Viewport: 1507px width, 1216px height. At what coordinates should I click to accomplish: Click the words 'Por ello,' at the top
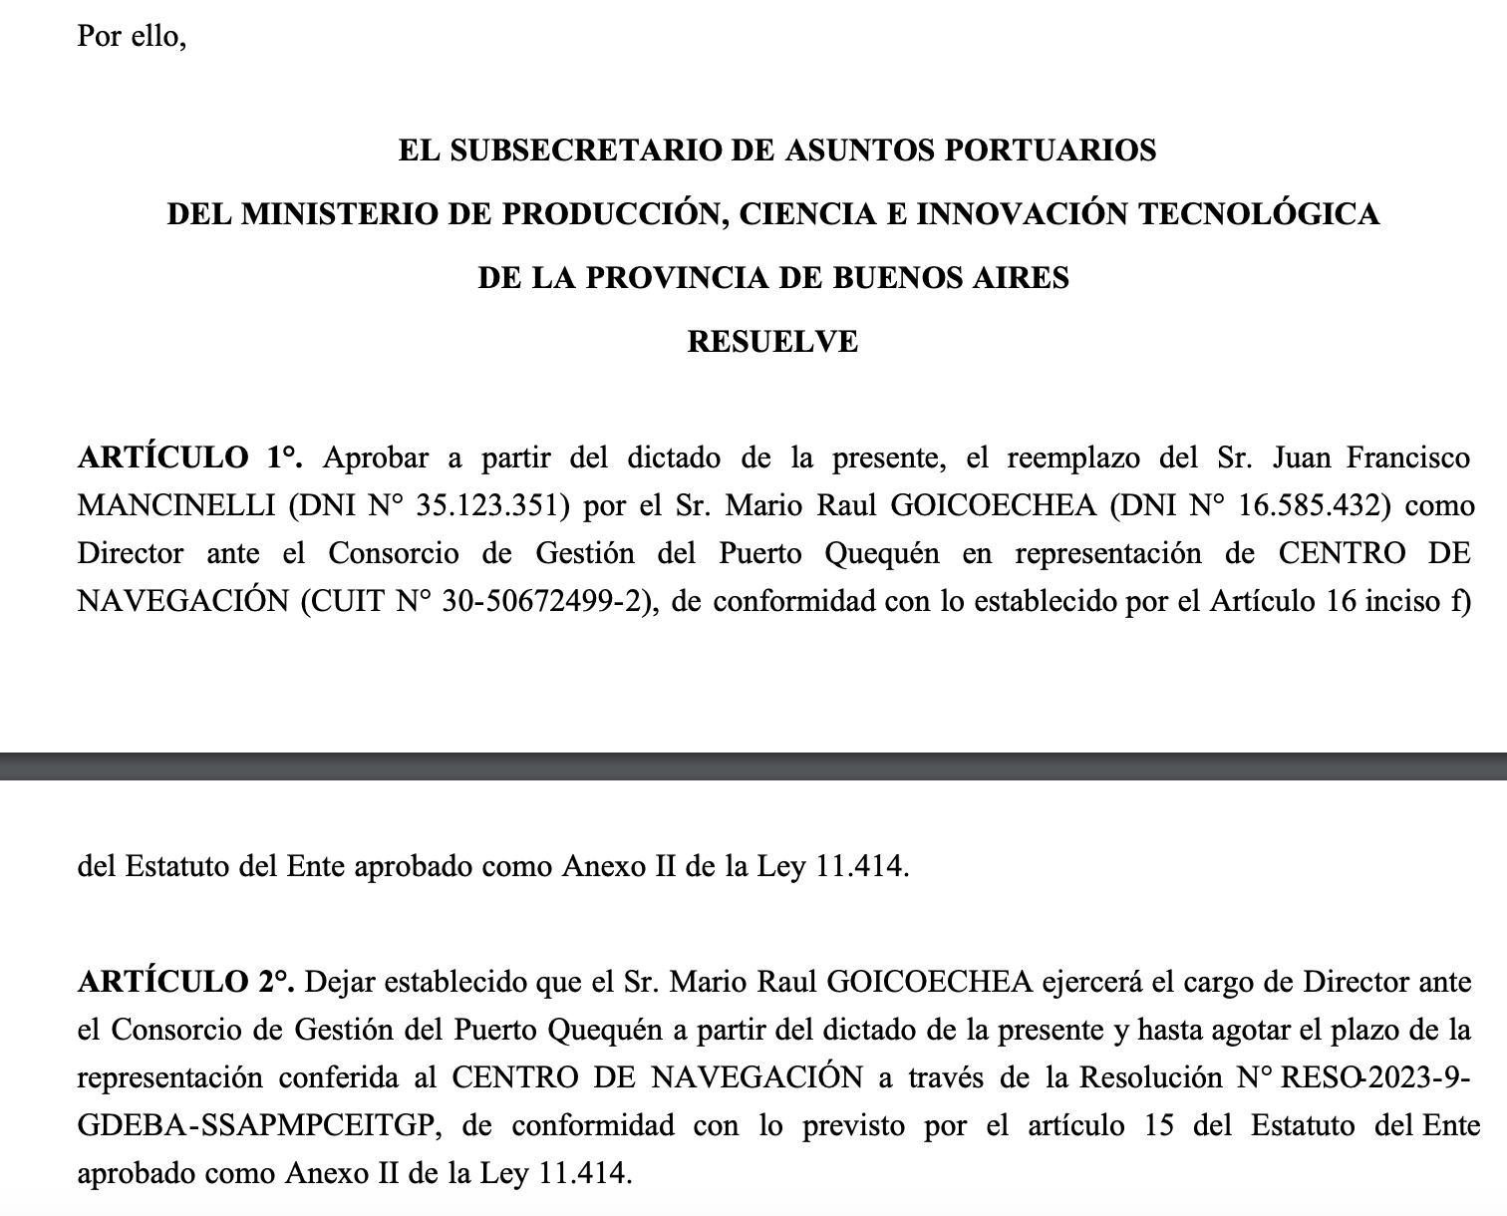(x=132, y=36)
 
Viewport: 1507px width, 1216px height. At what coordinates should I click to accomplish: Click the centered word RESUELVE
(x=772, y=342)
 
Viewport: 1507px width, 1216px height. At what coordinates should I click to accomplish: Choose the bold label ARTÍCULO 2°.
(x=185, y=982)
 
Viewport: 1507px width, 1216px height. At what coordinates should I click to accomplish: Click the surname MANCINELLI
(x=175, y=505)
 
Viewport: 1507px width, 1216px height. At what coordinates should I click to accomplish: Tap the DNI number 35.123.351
(x=491, y=505)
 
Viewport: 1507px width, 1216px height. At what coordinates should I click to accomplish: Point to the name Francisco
(x=1407, y=457)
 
